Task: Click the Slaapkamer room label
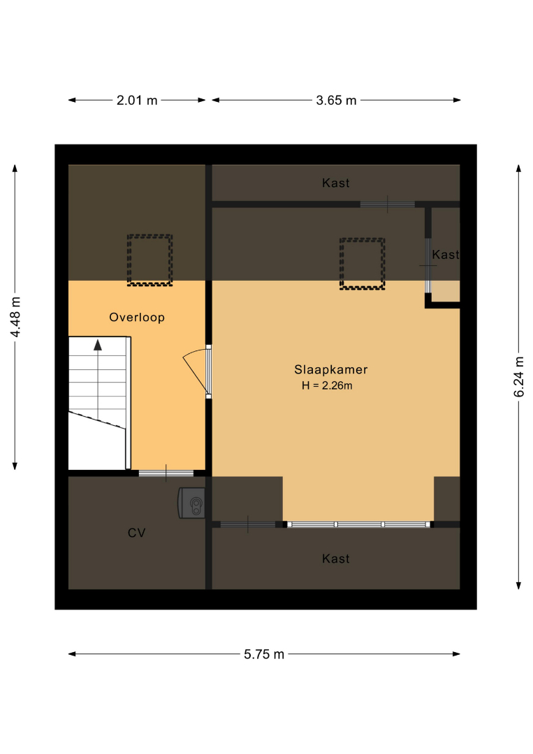pyautogui.click(x=331, y=370)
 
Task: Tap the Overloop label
pyautogui.click(x=137, y=318)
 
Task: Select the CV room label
pyautogui.click(x=137, y=533)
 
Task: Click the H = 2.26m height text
pyautogui.click(x=327, y=385)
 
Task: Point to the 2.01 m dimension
pyautogui.click(x=137, y=100)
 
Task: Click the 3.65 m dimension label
pyautogui.click(x=336, y=100)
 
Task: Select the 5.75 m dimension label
pyautogui.click(x=264, y=654)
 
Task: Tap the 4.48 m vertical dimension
pyautogui.click(x=15, y=318)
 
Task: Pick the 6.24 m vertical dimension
pyautogui.click(x=518, y=377)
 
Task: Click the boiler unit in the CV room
pyautogui.click(x=192, y=503)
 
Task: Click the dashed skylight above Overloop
pyautogui.click(x=149, y=260)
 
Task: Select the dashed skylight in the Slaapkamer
pyautogui.click(x=363, y=264)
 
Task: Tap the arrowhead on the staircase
pyautogui.click(x=98, y=345)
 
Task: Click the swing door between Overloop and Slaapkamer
pyautogui.click(x=197, y=371)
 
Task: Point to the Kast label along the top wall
pyautogui.click(x=336, y=183)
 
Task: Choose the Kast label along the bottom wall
pyautogui.click(x=336, y=559)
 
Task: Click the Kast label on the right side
pyautogui.click(x=446, y=254)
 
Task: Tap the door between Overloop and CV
pyautogui.click(x=166, y=473)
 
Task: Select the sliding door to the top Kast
pyautogui.click(x=387, y=205)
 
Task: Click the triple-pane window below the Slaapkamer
pyautogui.click(x=358, y=524)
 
